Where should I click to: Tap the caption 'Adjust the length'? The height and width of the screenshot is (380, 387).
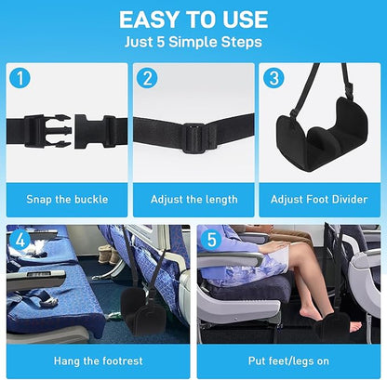pos(193,199)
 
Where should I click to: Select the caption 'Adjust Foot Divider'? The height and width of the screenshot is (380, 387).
pos(319,199)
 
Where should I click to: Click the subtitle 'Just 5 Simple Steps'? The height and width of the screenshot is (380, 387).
pos(193,43)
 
